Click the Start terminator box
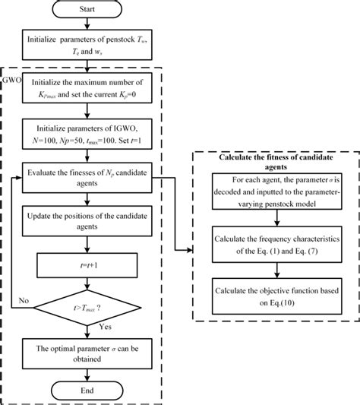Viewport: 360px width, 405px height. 92,11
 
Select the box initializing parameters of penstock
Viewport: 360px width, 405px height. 92,48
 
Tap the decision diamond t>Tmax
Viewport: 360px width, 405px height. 92,309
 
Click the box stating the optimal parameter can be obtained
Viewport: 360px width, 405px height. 92,354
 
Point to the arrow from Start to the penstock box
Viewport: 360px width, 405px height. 92,28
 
